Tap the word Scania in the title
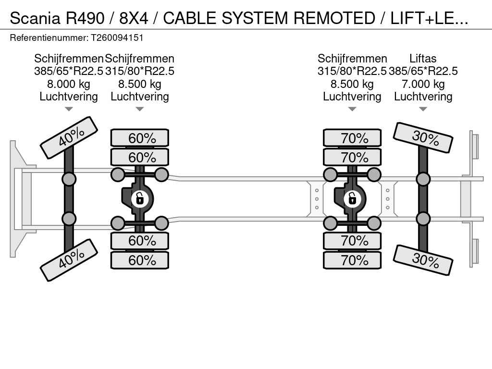click(x=35, y=18)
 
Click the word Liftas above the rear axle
click(x=423, y=59)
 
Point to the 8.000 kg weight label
click(x=69, y=84)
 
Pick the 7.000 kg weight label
click(x=423, y=84)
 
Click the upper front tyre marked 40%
click(x=69, y=137)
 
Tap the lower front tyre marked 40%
click(x=69, y=259)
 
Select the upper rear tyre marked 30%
click(x=423, y=137)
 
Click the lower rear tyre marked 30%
click(x=423, y=260)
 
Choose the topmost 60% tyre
click(x=140, y=138)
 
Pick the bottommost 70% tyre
click(x=352, y=260)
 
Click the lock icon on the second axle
click(x=139, y=198)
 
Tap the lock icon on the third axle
click(x=352, y=198)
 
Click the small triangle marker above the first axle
click(x=69, y=109)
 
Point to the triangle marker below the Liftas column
click(x=423, y=109)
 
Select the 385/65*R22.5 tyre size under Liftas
click(x=423, y=72)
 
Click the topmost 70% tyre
click(x=352, y=138)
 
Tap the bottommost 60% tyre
click(x=140, y=260)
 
